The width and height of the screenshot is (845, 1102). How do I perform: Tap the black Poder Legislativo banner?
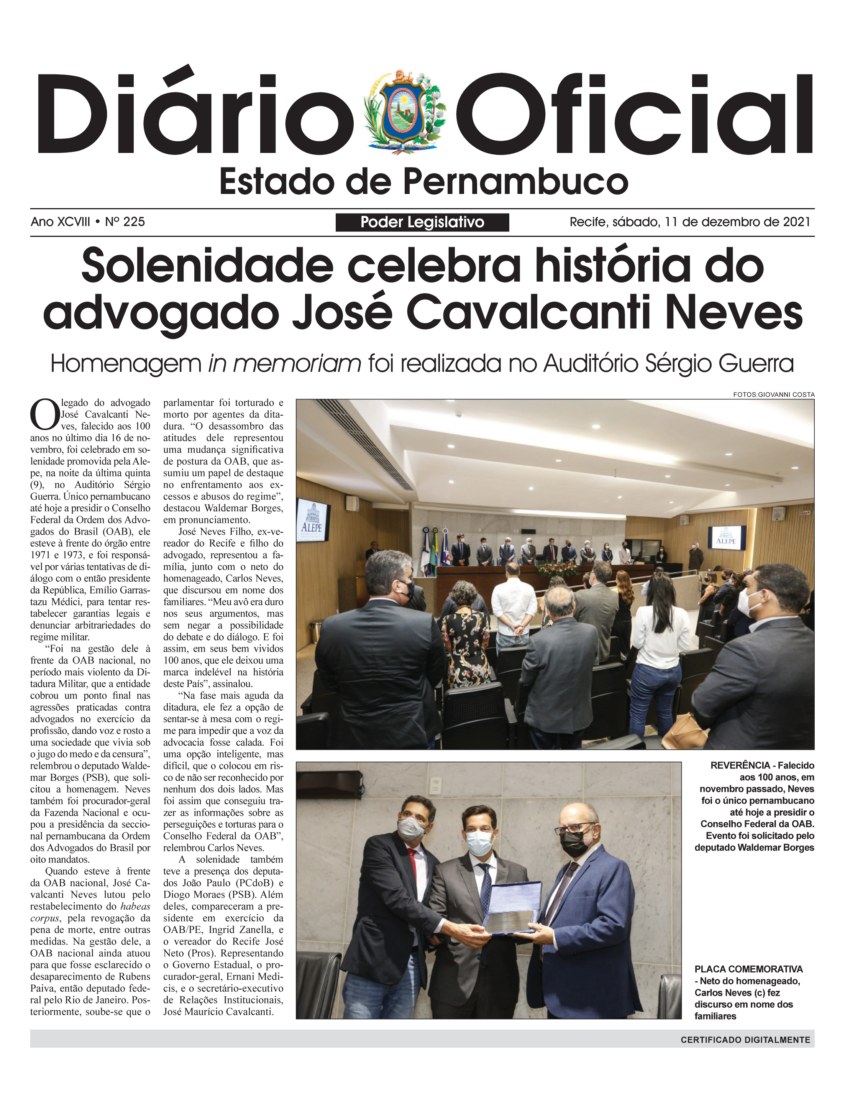(422, 222)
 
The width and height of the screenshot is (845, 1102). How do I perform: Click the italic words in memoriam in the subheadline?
(284, 363)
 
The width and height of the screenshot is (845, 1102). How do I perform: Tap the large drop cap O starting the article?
(44, 414)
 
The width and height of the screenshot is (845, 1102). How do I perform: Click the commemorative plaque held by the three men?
(512, 907)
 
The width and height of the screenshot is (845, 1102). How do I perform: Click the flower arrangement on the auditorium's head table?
(557, 569)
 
